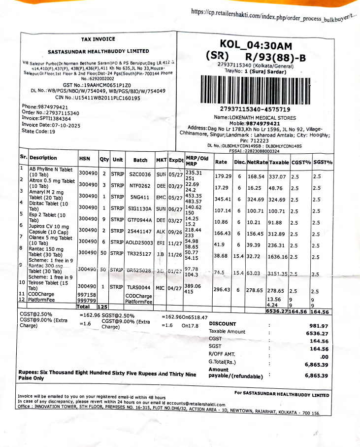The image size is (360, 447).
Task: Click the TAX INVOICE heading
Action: coord(98,39)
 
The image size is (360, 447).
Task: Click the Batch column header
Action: coord(140,160)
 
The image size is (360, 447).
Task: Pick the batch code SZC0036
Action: coord(140,174)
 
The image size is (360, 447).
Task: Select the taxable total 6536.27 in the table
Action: coord(276,311)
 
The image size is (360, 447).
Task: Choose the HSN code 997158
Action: coord(87,294)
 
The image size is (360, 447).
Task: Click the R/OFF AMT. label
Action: coord(222,354)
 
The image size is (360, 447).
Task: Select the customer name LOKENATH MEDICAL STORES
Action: coord(262,118)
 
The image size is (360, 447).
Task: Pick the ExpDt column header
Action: coord(176,160)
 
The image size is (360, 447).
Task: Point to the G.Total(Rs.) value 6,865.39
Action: coord(316,365)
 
